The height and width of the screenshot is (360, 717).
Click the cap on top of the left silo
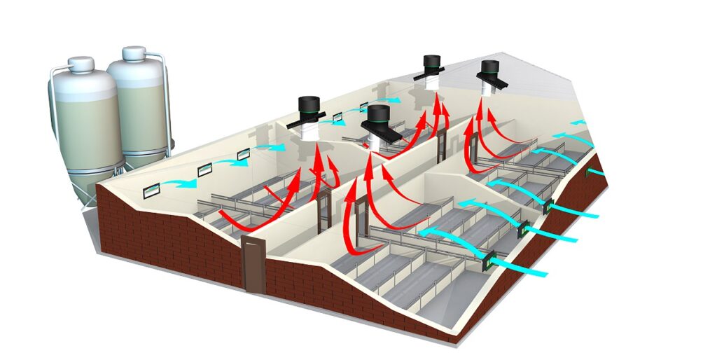coord(83,64)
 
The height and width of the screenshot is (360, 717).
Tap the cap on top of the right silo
coord(134,53)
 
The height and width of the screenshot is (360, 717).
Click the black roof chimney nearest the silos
coord(309,108)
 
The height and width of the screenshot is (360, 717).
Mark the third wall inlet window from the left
coord(243,153)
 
